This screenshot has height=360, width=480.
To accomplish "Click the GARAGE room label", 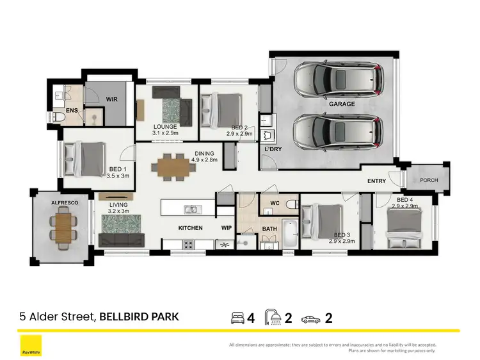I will [x=342, y=103].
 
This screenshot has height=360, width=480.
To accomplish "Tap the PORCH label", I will [x=429, y=181].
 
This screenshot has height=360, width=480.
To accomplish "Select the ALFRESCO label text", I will [x=64, y=202].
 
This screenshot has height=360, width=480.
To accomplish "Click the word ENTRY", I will [x=376, y=181].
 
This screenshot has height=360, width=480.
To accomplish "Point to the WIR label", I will [x=112, y=99].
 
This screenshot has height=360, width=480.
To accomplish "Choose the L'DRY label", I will [x=274, y=149].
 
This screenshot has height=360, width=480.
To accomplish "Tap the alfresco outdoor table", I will [x=63, y=225].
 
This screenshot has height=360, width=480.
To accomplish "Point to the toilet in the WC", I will [x=290, y=205].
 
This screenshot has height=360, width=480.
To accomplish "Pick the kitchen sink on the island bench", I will [x=191, y=209].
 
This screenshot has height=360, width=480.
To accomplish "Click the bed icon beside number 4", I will [x=237, y=317].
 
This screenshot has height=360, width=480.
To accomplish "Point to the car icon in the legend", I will [x=310, y=318].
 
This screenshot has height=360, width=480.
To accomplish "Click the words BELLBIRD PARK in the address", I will [x=139, y=316].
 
